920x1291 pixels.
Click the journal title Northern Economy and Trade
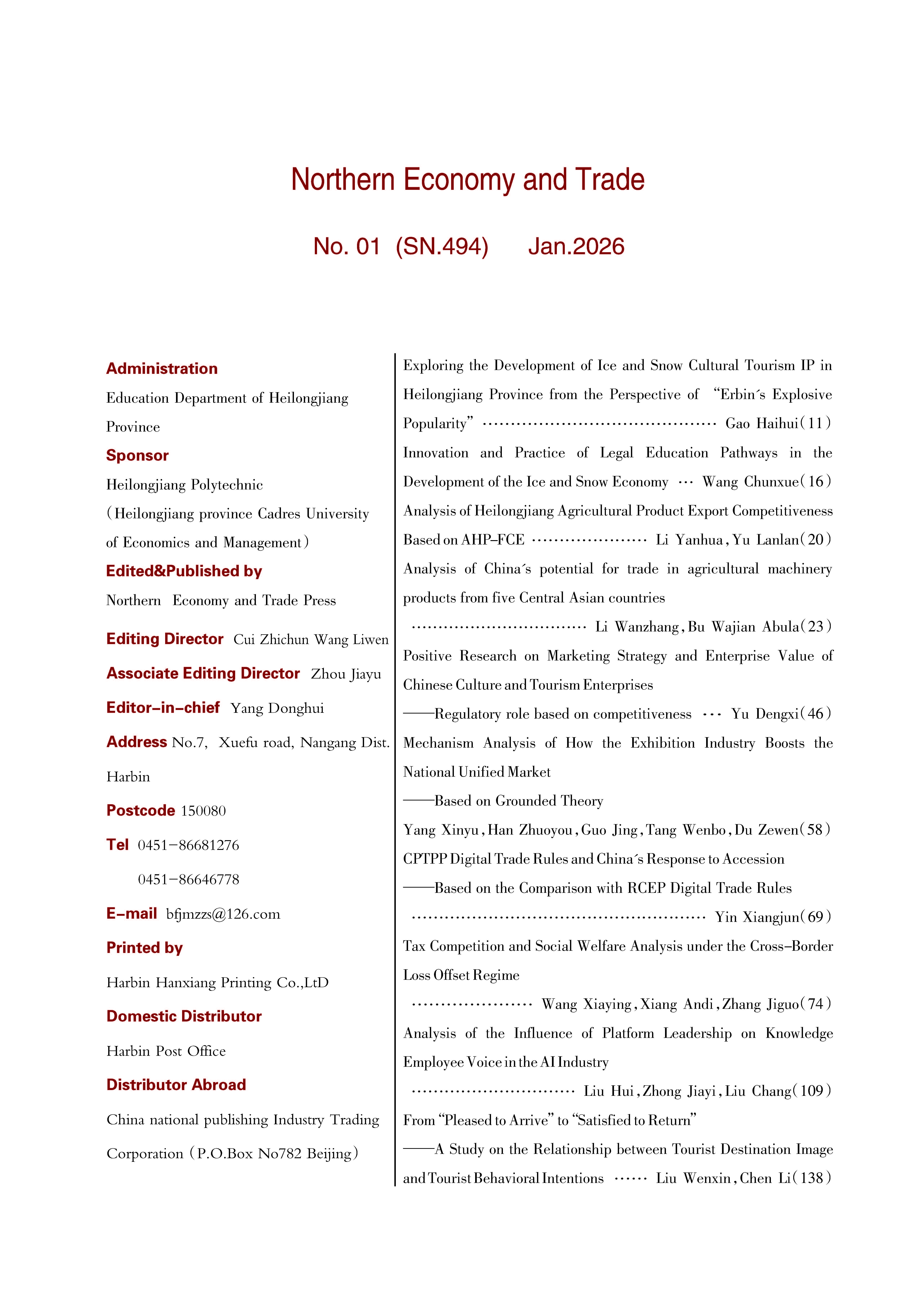(467, 180)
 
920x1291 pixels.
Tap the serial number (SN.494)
(442, 246)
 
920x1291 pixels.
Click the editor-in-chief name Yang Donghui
(277, 708)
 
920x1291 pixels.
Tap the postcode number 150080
(203, 811)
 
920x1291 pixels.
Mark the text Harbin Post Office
(166, 1051)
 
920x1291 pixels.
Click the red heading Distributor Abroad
(176, 1085)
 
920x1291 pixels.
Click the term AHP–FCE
(493, 540)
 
